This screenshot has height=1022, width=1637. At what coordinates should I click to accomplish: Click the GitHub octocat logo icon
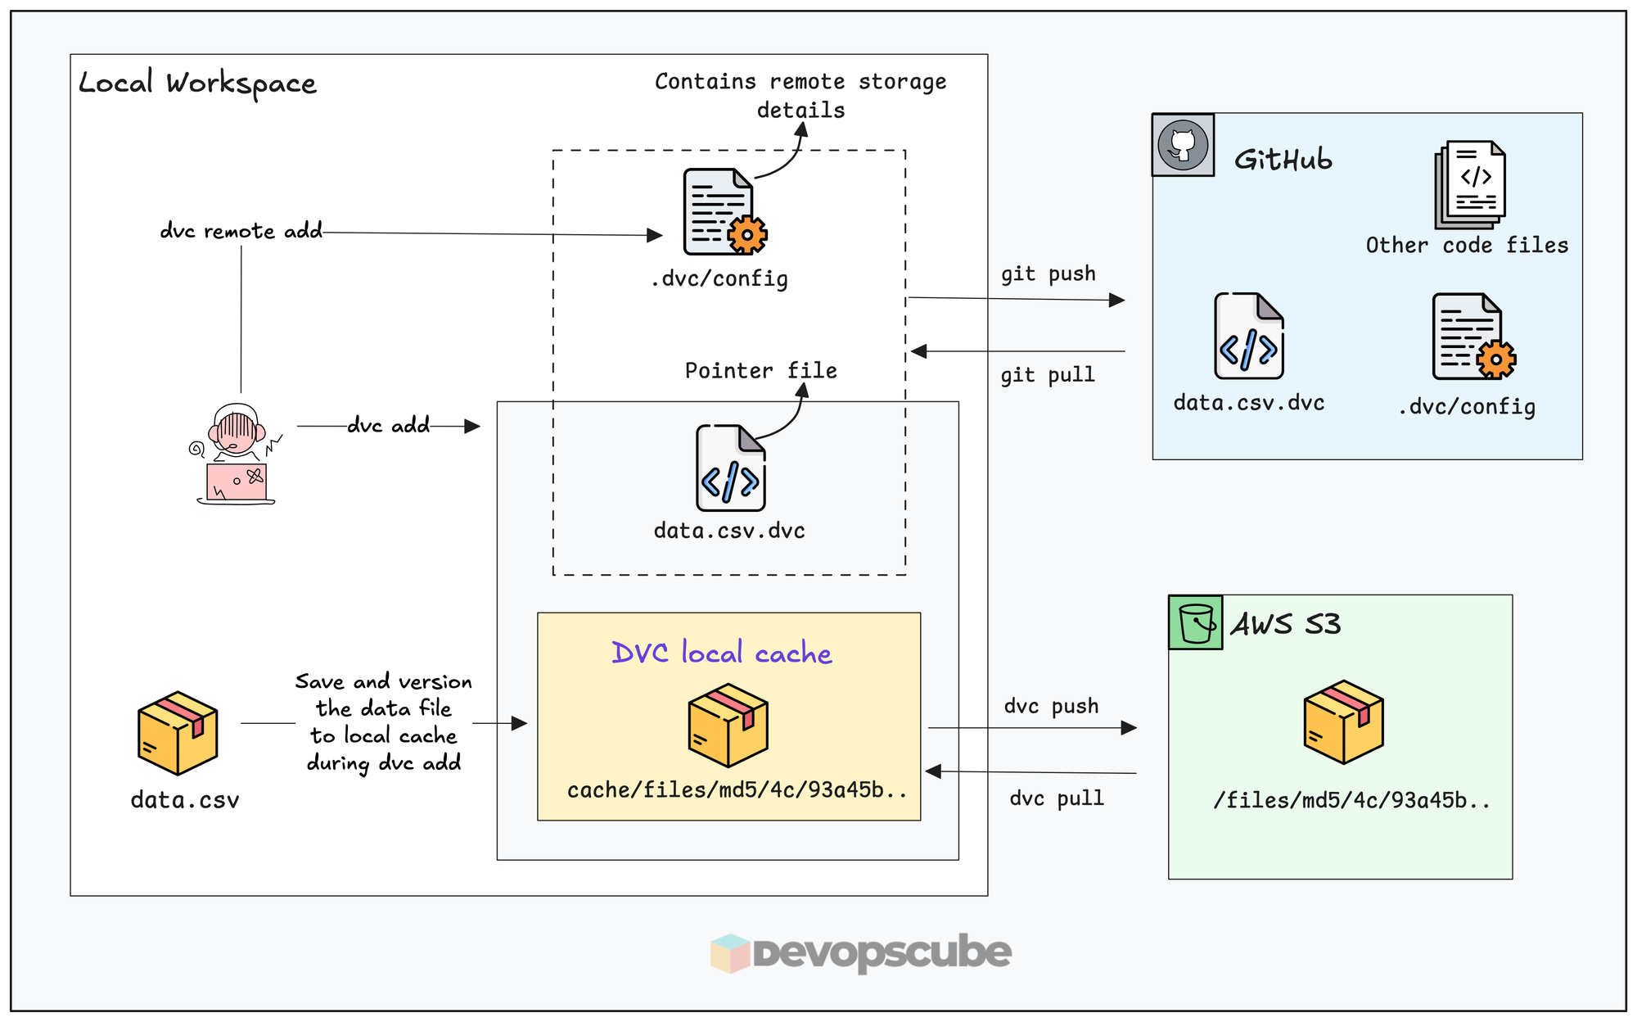(1183, 145)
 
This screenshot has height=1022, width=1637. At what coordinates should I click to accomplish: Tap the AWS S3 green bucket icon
(1195, 623)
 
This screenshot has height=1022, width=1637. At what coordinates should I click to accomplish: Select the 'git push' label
(1048, 274)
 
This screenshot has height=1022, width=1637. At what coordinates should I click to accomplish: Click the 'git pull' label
(1047, 375)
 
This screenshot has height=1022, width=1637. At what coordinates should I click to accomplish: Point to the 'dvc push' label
(1051, 706)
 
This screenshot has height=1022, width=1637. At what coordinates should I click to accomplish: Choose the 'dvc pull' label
(1056, 798)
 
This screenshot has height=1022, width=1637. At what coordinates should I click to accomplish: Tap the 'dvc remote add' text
(241, 231)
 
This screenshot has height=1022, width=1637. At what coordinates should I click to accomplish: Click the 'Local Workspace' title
(197, 84)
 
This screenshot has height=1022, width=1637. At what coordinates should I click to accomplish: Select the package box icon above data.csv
(178, 733)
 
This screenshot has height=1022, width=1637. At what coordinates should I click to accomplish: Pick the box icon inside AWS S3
(1343, 721)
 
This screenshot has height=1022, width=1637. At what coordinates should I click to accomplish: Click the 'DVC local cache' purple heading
(721, 653)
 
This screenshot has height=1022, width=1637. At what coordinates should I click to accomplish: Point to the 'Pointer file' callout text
(760, 371)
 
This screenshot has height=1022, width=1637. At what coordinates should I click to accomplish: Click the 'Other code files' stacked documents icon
(1470, 184)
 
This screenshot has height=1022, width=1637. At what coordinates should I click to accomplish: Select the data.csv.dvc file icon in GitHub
(1248, 336)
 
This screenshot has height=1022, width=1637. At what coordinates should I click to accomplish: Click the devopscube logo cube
(730, 952)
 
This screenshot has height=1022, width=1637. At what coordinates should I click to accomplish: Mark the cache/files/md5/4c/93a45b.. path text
(737, 790)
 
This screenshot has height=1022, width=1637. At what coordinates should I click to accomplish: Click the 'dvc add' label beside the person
(388, 425)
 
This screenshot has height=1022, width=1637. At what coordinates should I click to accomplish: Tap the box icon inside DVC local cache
(728, 725)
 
